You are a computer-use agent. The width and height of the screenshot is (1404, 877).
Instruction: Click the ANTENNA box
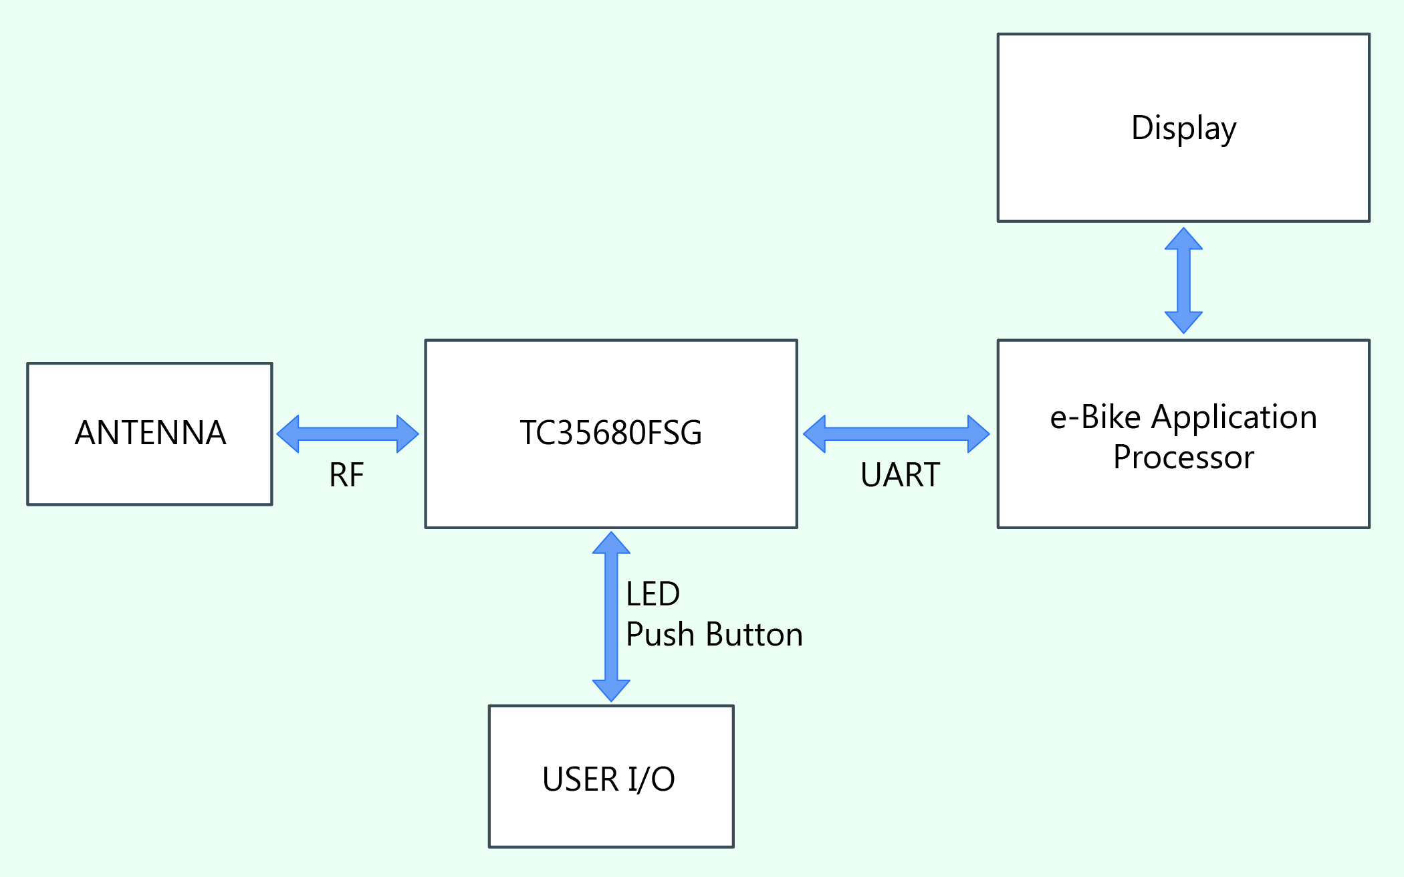pyautogui.click(x=150, y=433)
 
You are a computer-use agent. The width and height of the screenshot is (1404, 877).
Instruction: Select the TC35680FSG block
pyautogui.click(x=610, y=433)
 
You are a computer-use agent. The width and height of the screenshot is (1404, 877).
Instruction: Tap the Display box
pyautogui.click(x=1183, y=127)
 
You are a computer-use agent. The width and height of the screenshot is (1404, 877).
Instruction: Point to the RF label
pyautogui.click(x=346, y=475)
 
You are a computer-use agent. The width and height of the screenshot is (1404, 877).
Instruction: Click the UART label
pyautogui.click(x=900, y=475)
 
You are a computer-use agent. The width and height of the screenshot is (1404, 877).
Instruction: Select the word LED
pyautogui.click(x=653, y=594)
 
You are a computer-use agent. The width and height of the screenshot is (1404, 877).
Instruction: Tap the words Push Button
pyautogui.click(x=714, y=634)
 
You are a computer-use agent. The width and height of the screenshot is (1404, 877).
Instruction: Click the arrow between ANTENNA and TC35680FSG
pyautogui.click(x=348, y=433)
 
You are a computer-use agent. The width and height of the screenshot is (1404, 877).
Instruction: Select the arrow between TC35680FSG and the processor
pyautogui.click(x=896, y=433)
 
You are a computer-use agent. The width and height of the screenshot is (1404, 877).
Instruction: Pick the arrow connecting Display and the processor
pyautogui.click(x=1183, y=280)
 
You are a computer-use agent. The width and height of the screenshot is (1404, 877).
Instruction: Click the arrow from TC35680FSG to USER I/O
pyautogui.click(x=611, y=616)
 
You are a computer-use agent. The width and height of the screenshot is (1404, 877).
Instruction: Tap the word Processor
pyautogui.click(x=1183, y=458)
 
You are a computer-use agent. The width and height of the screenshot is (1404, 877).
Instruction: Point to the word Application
pyautogui.click(x=1234, y=417)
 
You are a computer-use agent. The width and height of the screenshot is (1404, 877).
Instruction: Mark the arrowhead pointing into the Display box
pyautogui.click(x=1183, y=239)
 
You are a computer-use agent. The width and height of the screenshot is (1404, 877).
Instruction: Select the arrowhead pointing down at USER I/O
pyautogui.click(x=611, y=690)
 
